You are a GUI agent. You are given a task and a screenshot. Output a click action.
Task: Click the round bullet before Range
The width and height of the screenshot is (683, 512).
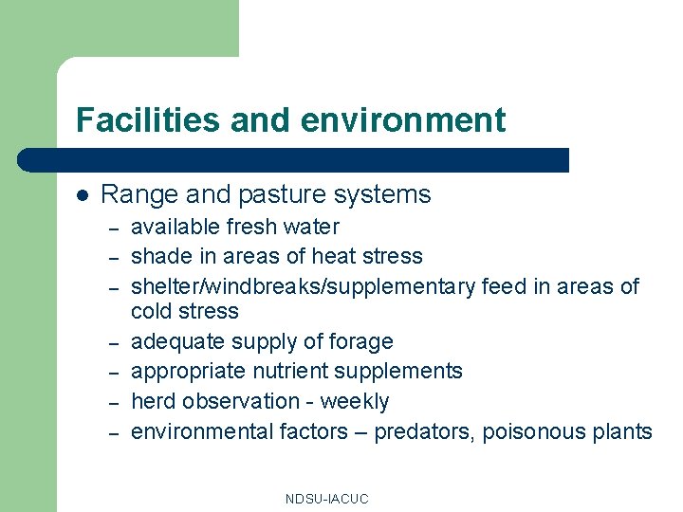(x=83, y=195)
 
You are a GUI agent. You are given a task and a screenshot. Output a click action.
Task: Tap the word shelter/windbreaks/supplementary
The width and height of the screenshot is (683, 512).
(x=303, y=286)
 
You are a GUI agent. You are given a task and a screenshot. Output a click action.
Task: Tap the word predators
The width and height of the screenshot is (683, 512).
(x=424, y=432)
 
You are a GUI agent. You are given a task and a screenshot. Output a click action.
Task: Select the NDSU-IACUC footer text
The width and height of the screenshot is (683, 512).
(x=326, y=499)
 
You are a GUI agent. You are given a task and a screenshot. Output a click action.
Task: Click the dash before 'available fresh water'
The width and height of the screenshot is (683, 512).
(x=112, y=229)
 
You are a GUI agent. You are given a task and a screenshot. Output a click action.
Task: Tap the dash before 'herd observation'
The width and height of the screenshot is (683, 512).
(x=112, y=403)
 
